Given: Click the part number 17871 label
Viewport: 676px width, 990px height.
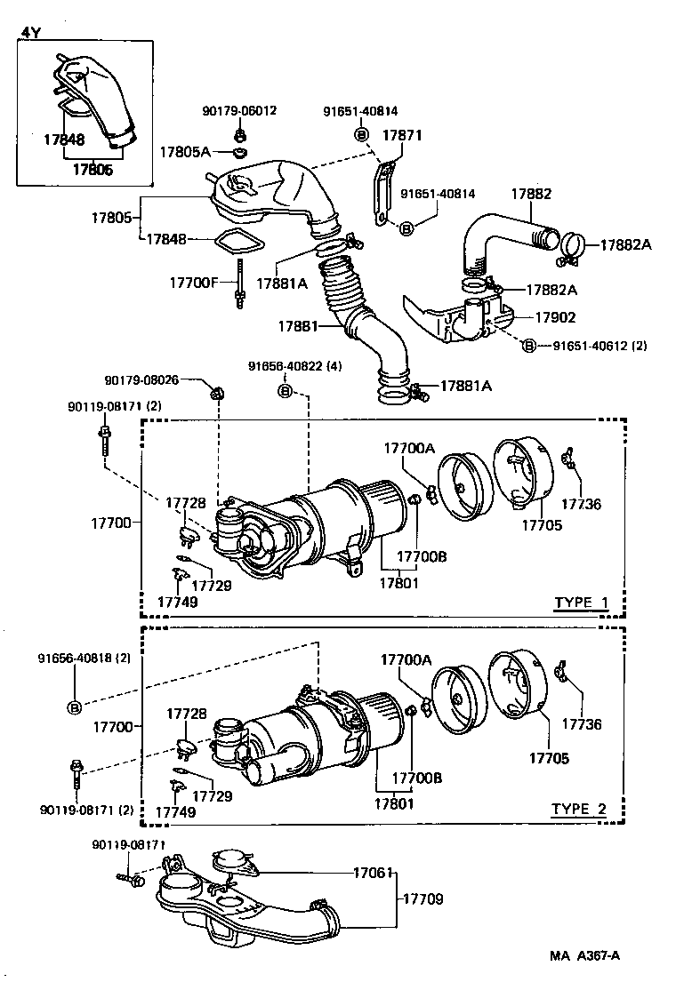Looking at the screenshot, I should (401, 136).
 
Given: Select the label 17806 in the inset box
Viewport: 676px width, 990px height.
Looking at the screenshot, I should (92, 169).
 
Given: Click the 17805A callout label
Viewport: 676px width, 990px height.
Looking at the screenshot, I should (185, 152).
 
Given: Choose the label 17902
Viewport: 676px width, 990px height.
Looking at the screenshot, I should (555, 316).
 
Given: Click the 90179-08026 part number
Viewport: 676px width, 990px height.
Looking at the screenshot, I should (142, 379).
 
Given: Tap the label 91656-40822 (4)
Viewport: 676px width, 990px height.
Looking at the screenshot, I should (294, 366).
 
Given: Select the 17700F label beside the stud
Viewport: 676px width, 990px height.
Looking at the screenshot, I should (194, 283).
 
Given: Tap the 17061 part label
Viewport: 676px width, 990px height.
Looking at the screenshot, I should (373, 873).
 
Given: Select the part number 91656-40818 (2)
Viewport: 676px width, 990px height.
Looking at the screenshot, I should (84, 659).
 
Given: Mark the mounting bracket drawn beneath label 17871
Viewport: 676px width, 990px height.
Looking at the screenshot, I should (382, 192).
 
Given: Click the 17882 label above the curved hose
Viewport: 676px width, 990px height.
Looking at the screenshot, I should (531, 194).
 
